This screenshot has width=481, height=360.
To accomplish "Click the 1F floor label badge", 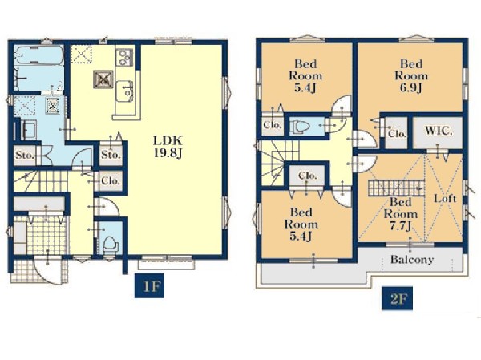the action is click(x=149, y=285).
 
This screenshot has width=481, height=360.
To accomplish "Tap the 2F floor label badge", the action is click(x=397, y=298).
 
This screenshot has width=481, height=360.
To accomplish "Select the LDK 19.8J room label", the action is click(x=168, y=147).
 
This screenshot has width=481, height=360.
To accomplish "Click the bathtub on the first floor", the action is click(x=38, y=55).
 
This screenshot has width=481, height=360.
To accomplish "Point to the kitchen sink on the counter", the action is click(x=125, y=91).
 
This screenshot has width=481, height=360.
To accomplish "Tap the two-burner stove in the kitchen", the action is click(x=124, y=58).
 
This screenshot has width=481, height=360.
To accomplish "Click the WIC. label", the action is click(x=439, y=131).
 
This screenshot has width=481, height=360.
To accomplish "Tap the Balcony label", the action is click(x=412, y=260).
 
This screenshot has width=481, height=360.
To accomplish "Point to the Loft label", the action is click(x=445, y=199).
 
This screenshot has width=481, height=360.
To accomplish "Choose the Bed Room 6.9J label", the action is click(x=411, y=76).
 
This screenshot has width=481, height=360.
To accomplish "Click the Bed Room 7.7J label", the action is click(x=401, y=214).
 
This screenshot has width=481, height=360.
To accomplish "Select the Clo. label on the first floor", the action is click(x=111, y=180).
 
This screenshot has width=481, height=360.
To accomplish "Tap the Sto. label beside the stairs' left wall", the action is click(x=24, y=155).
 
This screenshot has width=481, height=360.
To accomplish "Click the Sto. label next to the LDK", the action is click(x=111, y=155).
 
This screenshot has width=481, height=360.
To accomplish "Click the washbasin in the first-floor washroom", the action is click(x=29, y=130).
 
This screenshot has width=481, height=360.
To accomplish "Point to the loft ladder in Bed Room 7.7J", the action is click(x=396, y=187).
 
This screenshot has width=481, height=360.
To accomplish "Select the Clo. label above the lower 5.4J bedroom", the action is click(x=307, y=176).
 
